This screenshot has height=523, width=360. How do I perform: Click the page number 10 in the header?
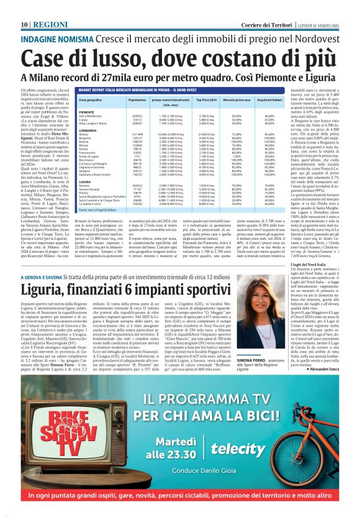(x=24, y=6)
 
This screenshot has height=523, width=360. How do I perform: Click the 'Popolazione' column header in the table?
(x=137, y=99)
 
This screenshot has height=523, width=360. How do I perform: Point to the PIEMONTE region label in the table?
(x=88, y=112)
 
